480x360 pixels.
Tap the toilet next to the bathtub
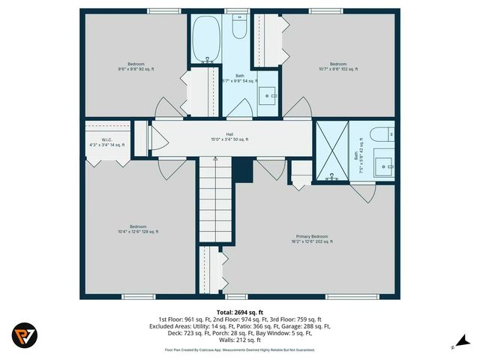[240, 28]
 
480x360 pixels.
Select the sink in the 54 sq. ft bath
[269, 95]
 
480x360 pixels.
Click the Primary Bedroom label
[311, 239]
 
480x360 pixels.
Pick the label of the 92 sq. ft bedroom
[136, 66]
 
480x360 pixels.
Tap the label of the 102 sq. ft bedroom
[338, 66]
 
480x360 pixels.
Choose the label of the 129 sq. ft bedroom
[137, 229]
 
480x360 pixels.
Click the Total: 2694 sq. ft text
[239, 311]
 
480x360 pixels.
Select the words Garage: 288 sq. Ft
[310, 326]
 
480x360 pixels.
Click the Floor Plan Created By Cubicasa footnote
[239, 349]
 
